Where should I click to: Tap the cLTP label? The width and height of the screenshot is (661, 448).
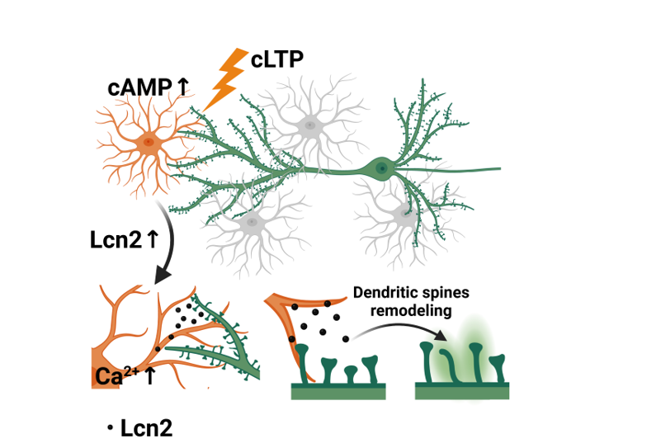(279, 61)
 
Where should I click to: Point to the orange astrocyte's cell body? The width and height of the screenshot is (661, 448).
(149, 142)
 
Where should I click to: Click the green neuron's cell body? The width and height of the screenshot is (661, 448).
(382, 167)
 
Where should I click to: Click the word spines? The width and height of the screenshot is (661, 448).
(446, 293)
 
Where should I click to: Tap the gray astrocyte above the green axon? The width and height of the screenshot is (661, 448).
(310, 126)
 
